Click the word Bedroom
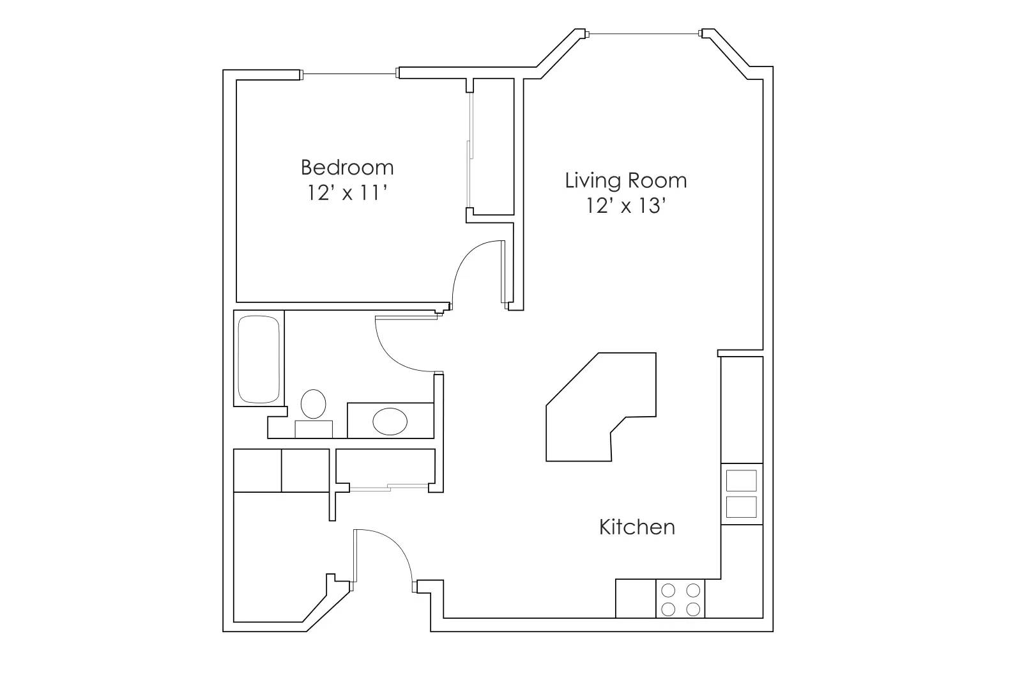(x=347, y=167)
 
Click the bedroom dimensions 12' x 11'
(x=347, y=192)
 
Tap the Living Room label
(x=625, y=180)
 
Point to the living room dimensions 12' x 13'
(x=626, y=206)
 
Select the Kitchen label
(x=637, y=527)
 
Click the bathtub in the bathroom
(x=258, y=359)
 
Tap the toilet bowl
(x=313, y=404)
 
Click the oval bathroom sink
(x=390, y=422)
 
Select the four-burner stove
(x=680, y=599)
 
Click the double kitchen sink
(x=741, y=493)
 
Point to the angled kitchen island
(x=600, y=409)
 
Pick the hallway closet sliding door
(x=388, y=488)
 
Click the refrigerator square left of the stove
(x=635, y=599)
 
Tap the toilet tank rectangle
(x=313, y=429)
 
